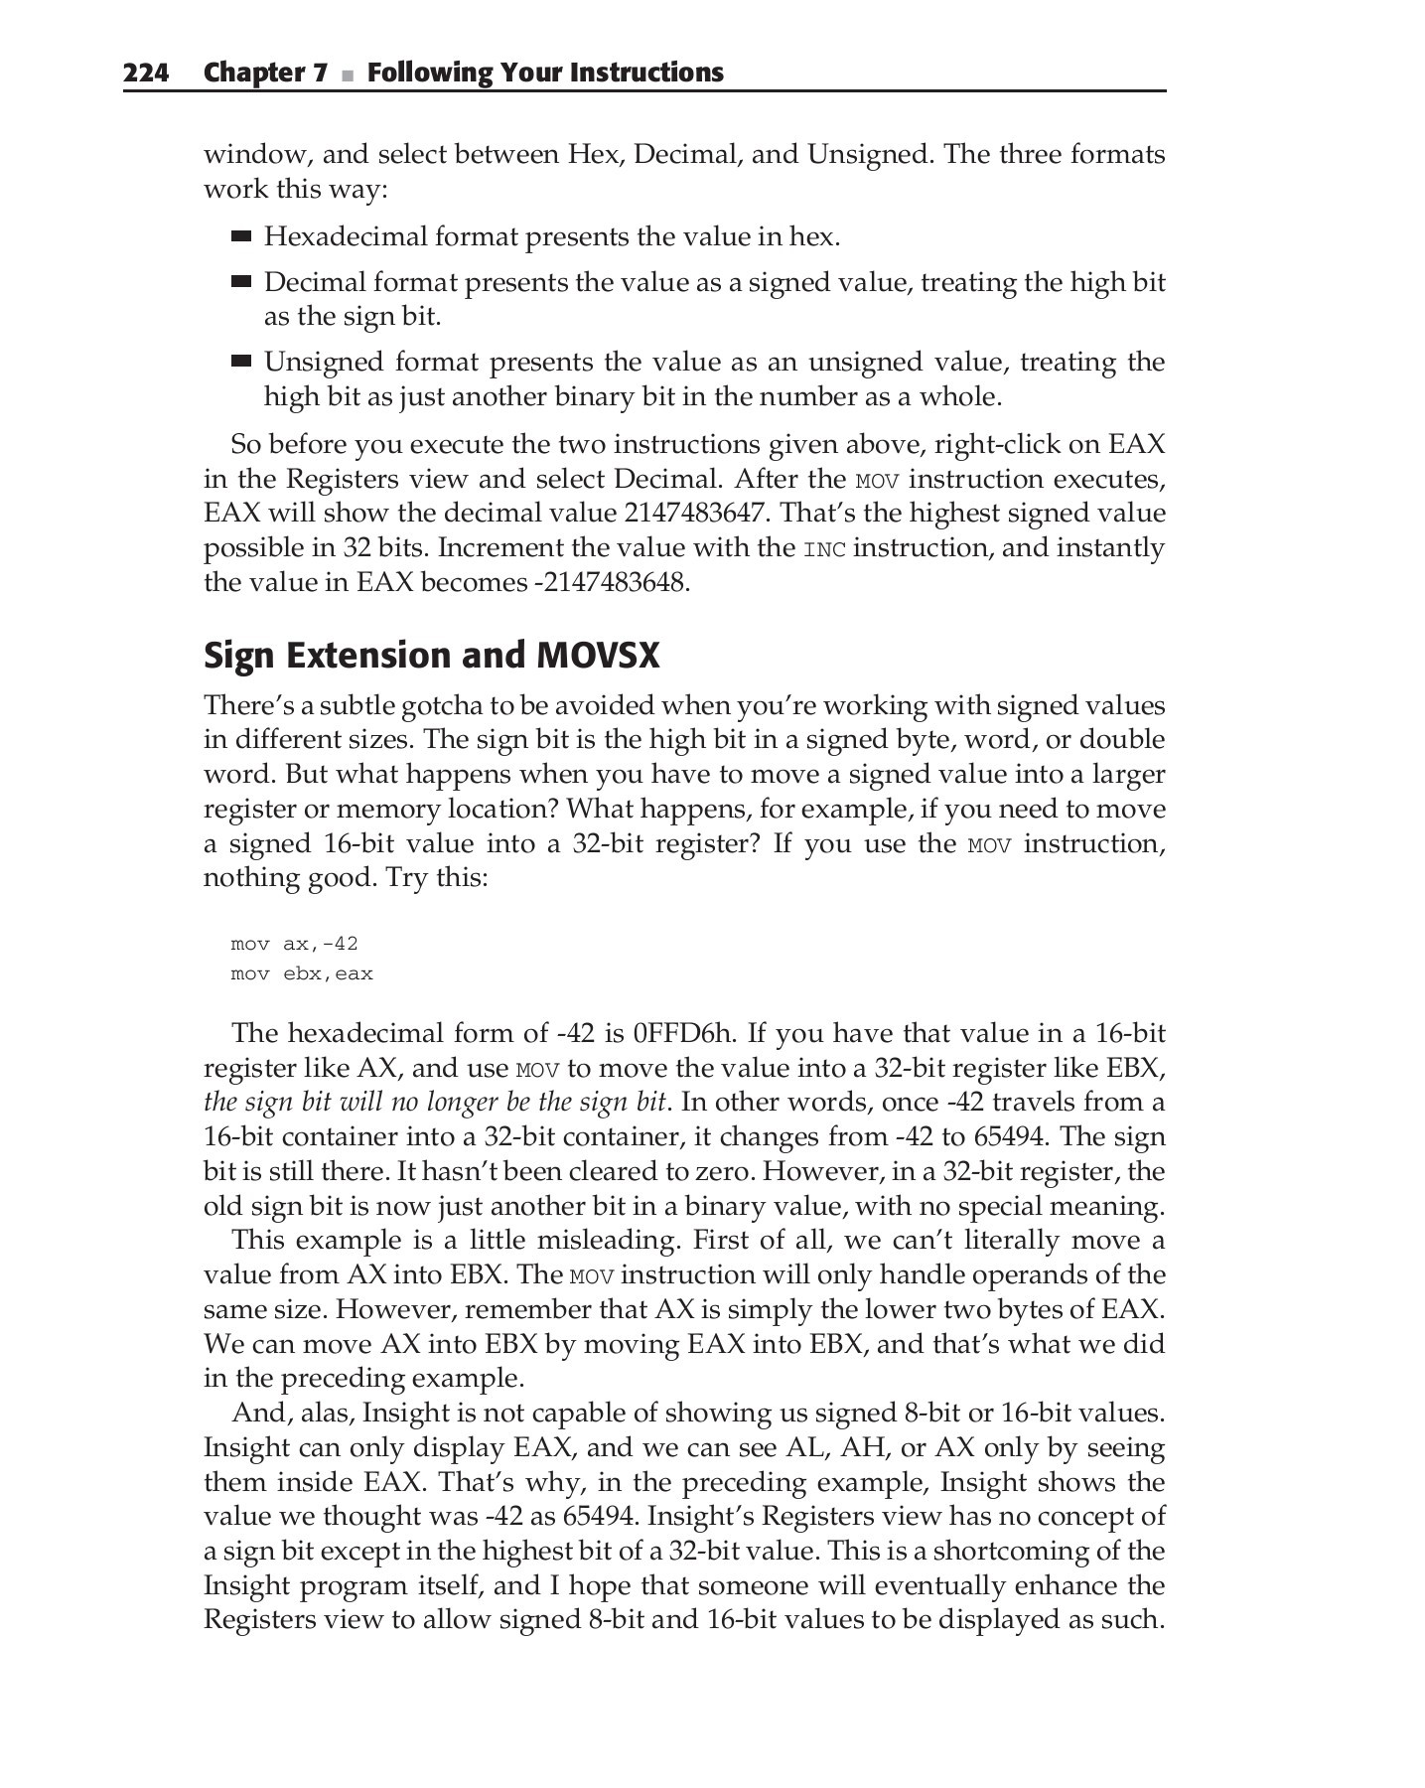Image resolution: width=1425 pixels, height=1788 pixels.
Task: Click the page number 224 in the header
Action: click(x=146, y=73)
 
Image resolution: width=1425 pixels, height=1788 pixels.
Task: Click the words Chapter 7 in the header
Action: click(x=265, y=73)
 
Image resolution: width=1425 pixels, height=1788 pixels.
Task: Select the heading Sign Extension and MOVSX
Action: click(x=431, y=656)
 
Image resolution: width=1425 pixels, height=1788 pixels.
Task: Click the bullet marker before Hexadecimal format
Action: click(x=241, y=236)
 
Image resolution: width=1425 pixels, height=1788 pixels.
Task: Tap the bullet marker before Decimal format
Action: click(x=241, y=282)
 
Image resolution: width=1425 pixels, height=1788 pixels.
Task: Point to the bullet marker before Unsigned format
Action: click(x=241, y=362)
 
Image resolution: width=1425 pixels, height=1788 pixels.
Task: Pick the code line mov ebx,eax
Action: click(x=302, y=973)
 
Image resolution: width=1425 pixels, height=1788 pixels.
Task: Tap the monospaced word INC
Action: click(x=824, y=549)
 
